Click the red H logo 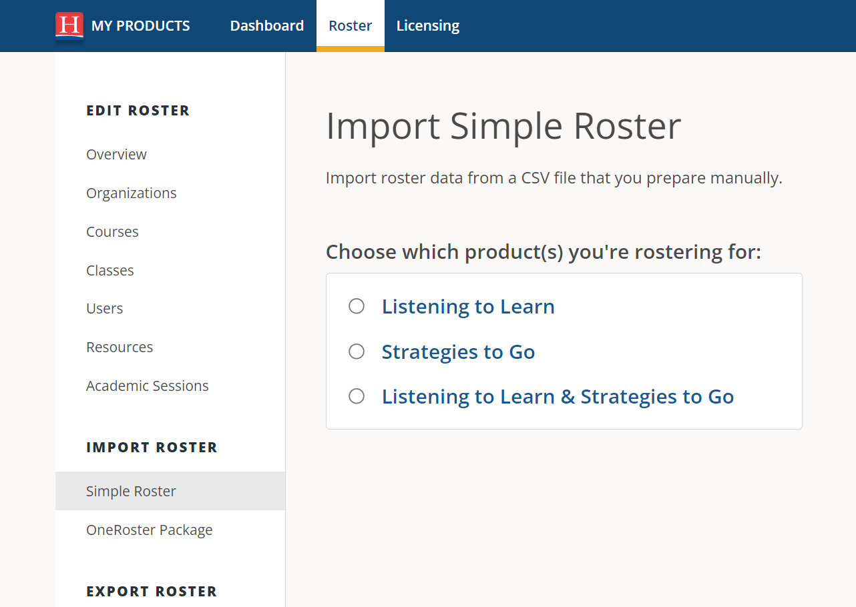pos(69,26)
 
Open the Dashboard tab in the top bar pos(267,26)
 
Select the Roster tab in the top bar pos(350,26)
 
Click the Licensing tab pos(428,26)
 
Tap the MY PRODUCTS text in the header pos(140,26)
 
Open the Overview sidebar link pos(116,154)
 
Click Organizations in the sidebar pos(132,193)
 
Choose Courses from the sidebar pos(112,231)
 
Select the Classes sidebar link pos(110,270)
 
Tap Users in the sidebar pos(105,309)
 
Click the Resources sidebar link pos(120,348)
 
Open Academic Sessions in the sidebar pos(148,386)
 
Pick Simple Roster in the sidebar pos(131,492)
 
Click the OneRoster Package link pos(150,530)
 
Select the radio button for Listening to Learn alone pos(357,306)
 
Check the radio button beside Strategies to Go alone pos(357,352)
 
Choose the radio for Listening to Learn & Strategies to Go pos(357,396)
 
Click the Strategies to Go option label pos(458,352)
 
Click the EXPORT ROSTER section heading pos(152,592)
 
